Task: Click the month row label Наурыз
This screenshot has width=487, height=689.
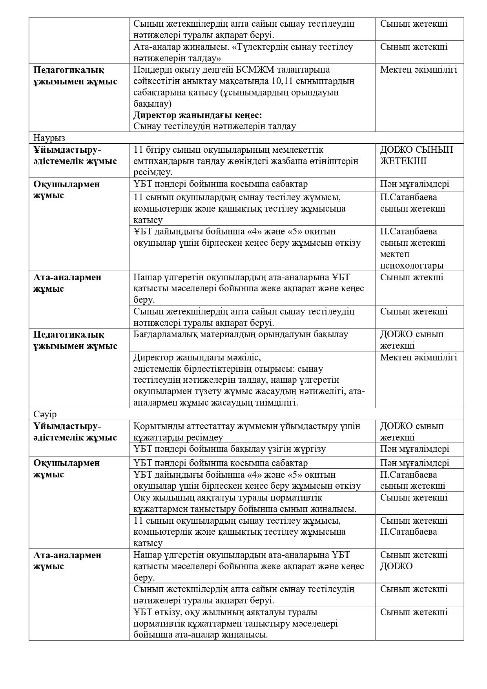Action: point(49,138)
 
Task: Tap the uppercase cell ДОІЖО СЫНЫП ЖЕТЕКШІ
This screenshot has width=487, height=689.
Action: point(416,155)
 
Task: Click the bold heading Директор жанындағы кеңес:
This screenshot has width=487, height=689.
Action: point(197,115)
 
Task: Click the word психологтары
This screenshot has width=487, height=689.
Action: point(412,266)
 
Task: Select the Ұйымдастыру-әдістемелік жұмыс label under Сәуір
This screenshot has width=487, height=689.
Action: point(75,432)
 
